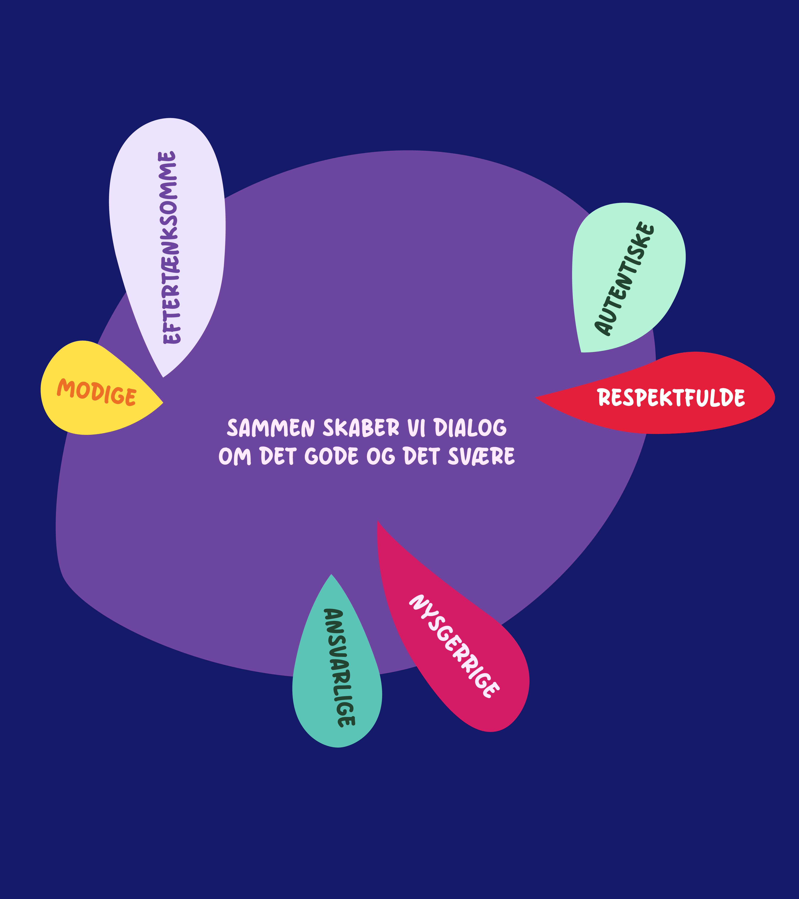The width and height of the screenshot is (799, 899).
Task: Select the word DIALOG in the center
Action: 470,428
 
